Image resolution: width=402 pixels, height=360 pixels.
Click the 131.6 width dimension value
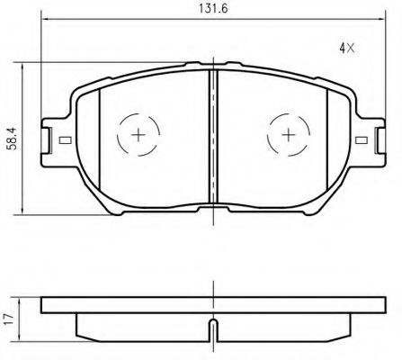(213, 8)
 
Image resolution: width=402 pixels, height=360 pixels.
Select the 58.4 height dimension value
(13, 139)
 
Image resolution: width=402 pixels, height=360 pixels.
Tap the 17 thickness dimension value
(10, 319)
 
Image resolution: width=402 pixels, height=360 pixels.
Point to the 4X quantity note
(347, 48)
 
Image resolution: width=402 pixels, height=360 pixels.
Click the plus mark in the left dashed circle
(138, 135)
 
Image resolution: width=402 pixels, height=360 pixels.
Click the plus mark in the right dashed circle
(289, 135)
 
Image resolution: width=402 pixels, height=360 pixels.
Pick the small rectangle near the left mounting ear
(65, 140)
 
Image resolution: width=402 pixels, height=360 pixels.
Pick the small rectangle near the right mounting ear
(362, 140)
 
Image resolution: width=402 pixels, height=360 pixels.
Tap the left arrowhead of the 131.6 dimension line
(45, 19)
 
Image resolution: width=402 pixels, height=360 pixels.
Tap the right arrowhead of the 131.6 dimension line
(380, 19)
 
